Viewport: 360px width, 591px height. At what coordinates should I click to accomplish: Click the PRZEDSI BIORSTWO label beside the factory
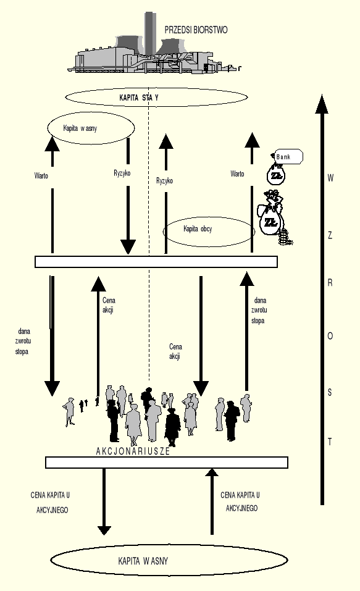(x=196, y=29)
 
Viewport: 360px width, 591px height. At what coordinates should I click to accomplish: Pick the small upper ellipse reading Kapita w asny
(x=91, y=128)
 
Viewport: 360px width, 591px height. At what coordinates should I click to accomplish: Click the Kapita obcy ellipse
(x=209, y=231)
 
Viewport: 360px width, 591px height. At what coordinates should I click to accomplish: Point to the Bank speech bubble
(x=287, y=157)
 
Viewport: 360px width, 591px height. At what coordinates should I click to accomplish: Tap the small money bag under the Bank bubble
(x=275, y=175)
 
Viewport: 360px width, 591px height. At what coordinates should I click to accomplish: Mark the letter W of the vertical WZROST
(x=330, y=178)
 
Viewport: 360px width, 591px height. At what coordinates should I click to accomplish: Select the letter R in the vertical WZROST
(x=330, y=283)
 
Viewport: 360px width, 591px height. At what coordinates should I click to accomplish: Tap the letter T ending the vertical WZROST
(x=330, y=442)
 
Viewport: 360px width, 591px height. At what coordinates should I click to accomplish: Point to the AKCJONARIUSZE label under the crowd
(x=133, y=451)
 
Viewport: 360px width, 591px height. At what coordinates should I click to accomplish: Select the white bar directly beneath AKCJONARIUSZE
(x=167, y=463)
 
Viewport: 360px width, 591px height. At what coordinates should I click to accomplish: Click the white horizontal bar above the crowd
(x=156, y=262)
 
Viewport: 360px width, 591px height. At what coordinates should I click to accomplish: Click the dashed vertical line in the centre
(x=149, y=321)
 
